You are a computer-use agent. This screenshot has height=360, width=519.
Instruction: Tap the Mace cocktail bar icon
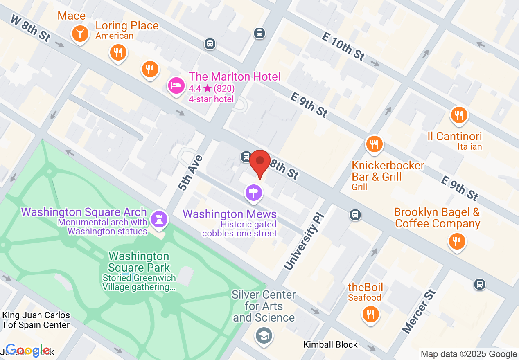pyautogui.click(x=80, y=33)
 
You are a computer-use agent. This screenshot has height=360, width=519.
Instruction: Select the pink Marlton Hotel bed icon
pyautogui.click(x=176, y=85)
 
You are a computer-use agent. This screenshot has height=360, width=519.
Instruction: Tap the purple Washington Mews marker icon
pyautogui.click(x=253, y=192)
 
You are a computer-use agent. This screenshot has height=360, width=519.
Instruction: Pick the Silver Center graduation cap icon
pyautogui.click(x=264, y=336)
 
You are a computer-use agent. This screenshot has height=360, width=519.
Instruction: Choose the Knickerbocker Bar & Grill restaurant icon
pyautogui.click(x=374, y=144)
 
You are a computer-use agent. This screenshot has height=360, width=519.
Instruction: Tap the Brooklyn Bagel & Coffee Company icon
pyautogui.click(x=457, y=241)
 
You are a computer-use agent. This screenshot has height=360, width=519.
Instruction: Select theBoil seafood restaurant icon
pyautogui.click(x=370, y=314)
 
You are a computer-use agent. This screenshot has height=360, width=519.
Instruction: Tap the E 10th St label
pyautogui.click(x=343, y=47)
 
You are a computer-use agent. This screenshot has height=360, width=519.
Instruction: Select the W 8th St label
pyautogui.click(x=30, y=28)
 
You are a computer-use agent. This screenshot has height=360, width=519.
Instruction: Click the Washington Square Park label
pyautogui.click(x=139, y=262)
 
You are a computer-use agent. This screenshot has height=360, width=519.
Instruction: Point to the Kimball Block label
pyautogui.click(x=330, y=344)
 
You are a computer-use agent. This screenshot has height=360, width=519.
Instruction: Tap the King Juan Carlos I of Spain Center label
pyautogui.click(x=36, y=320)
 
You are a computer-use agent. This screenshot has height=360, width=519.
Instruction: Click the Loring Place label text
pyautogui.click(x=127, y=26)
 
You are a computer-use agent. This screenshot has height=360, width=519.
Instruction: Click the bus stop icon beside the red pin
pyautogui.click(x=246, y=156)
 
